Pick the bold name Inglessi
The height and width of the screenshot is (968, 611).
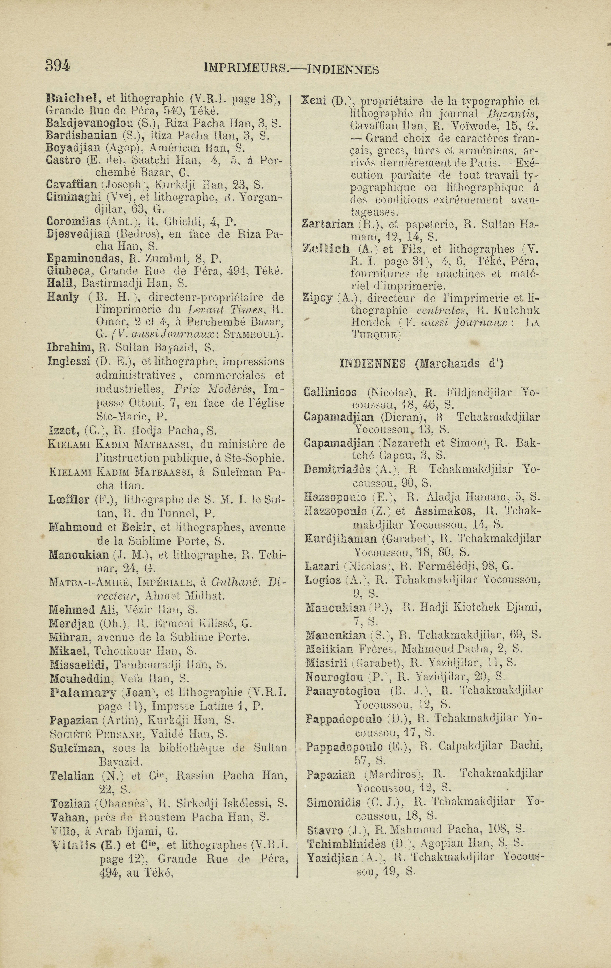pos(69,361)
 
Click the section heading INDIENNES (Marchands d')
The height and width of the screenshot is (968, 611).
pos(421,363)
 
